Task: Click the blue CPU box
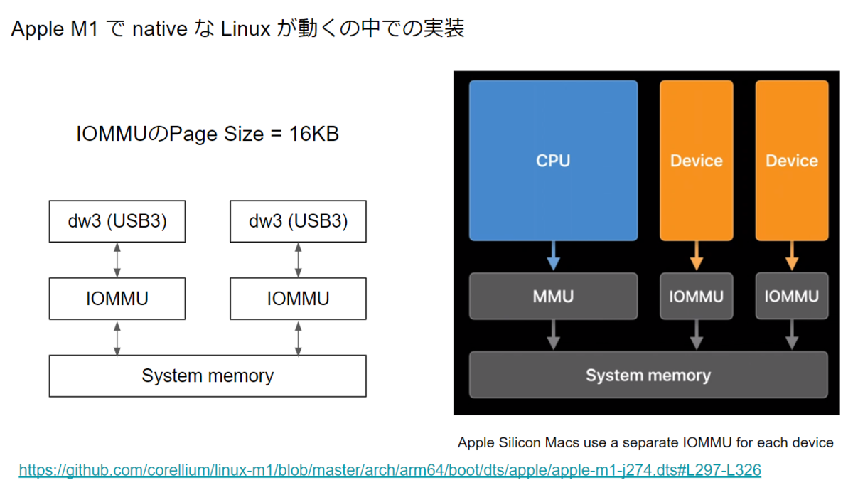(553, 160)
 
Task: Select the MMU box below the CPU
(553, 296)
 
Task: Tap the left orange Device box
(696, 160)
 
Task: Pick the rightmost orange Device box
(791, 160)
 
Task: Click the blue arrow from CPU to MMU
(554, 255)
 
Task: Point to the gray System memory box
(648, 375)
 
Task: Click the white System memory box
(208, 376)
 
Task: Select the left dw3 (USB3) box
(117, 221)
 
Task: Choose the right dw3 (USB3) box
(298, 221)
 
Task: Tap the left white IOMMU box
(117, 299)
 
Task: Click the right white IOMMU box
(298, 299)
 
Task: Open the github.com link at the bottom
(390, 470)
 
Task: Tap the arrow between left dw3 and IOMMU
(117, 260)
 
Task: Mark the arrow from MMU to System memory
(554, 334)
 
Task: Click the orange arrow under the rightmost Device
(791, 255)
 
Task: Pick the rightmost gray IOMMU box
(791, 296)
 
